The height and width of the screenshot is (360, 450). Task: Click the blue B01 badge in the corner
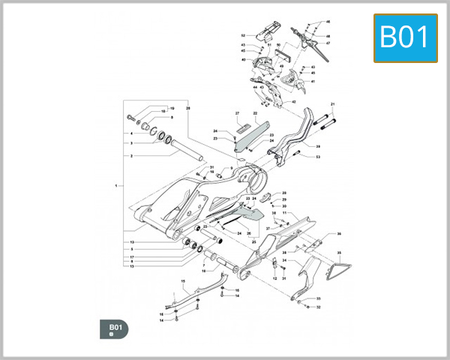pyautogui.click(x=406, y=37)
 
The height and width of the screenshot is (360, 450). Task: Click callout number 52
pyautogui.click(x=243, y=35)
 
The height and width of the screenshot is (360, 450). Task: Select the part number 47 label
pyautogui.click(x=328, y=43)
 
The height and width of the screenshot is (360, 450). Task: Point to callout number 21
pyautogui.click(x=332, y=103)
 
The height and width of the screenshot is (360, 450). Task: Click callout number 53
pyautogui.click(x=318, y=157)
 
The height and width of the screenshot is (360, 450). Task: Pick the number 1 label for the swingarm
pyautogui.click(x=116, y=184)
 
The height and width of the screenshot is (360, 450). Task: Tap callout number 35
pyautogui.click(x=338, y=253)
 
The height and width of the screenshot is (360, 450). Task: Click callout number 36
pyautogui.click(x=338, y=234)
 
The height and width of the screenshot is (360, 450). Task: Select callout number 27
pyautogui.click(x=237, y=113)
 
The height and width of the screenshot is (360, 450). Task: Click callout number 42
pyautogui.click(x=294, y=101)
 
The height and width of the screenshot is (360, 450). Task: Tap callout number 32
pyautogui.click(x=318, y=307)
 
